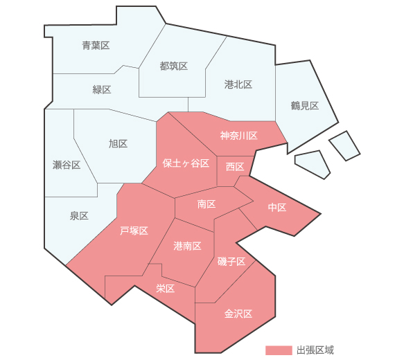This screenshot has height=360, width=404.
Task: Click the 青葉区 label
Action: click(96, 46)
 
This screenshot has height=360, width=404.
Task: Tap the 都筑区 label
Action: click(173, 66)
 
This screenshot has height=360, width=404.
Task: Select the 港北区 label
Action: click(238, 84)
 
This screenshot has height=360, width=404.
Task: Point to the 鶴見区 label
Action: click(304, 106)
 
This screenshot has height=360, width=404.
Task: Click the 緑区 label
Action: click(102, 90)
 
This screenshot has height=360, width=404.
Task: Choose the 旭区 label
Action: click(118, 144)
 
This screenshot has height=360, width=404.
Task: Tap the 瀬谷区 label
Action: click(67, 165)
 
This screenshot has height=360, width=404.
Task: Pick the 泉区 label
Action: click(79, 216)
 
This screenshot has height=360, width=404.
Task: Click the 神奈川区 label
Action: click(239, 136)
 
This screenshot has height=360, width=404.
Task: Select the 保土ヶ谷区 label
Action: click(186, 163)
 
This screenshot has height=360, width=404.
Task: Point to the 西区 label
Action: click(235, 168)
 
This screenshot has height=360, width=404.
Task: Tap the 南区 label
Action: click(207, 204)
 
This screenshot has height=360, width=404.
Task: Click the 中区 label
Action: click(277, 208)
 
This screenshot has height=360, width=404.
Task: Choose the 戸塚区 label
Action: click(134, 231)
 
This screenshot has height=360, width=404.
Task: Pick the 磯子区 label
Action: click(231, 262)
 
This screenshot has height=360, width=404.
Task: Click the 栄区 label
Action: click(165, 288)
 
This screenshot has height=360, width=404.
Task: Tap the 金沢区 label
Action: click(238, 314)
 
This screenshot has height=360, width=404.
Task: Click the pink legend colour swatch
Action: click(278, 350)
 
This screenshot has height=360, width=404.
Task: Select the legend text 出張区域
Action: click(315, 350)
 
